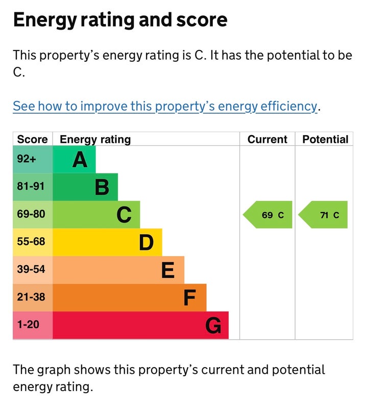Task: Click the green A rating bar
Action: click(x=74, y=160)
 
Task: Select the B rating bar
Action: click(x=85, y=187)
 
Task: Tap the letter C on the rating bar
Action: click(x=124, y=215)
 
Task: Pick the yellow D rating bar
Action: click(x=107, y=242)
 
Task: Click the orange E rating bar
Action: click(x=118, y=270)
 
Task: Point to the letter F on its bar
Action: click(x=189, y=298)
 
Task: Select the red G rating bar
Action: click(x=140, y=325)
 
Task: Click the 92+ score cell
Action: click(x=32, y=160)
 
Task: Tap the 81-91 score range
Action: click(x=32, y=187)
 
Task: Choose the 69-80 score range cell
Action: click(x=32, y=215)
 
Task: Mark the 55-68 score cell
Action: click(x=32, y=242)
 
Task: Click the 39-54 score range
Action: click(x=32, y=270)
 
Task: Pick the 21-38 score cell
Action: click(x=32, y=298)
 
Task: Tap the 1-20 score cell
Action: click(x=32, y=325)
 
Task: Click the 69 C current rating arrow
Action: click(x=269, y=215)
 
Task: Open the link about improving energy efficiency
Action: click(x=165, y=106)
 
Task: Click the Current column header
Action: click(x=267, y=139)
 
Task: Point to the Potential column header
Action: click(x=325, y=139)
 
